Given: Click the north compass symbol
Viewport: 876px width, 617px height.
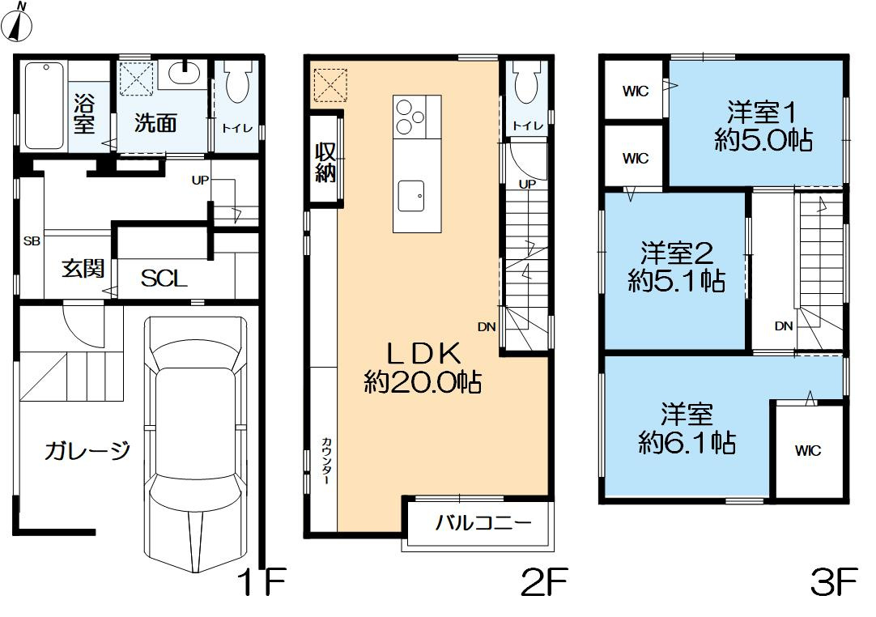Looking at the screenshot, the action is coord(17,23).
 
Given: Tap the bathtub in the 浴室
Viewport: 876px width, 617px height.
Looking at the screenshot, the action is coord(45,106).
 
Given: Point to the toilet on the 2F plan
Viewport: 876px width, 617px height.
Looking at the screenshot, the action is coord(527,82).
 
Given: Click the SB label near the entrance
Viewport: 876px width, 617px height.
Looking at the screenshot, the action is coord(32,241).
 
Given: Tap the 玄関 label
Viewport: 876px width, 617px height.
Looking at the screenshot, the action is coord(83,269).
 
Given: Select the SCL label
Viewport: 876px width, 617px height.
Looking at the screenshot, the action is coord(164,278).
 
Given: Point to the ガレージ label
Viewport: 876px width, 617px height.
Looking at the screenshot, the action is coord(87,450).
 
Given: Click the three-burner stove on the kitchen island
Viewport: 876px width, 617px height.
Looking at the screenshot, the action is coord(410,117).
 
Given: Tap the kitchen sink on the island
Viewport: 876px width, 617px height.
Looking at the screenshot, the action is coord(410,196).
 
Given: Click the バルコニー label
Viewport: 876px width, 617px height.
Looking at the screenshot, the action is coord(483,523).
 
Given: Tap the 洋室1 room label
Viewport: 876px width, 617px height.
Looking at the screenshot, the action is coord(762,113).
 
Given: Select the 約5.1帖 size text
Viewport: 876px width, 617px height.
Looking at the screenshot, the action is coord(677,280).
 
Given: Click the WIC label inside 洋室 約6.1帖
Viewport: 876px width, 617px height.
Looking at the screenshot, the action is coord(808,450).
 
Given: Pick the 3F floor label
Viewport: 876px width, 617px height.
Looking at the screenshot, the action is coord(834,583).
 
